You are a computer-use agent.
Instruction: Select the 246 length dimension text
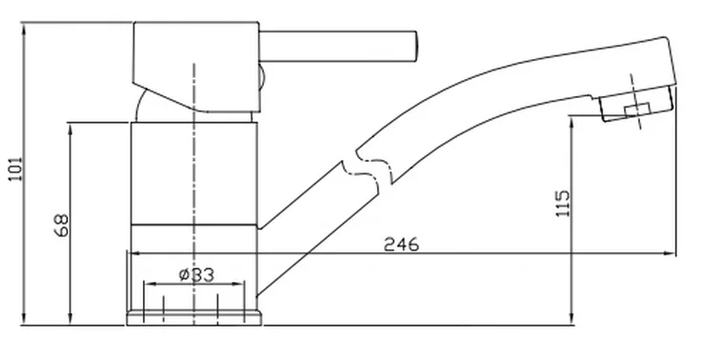point(401,243)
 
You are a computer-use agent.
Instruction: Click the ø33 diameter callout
point(195,274)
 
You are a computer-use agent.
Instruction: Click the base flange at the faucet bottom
point(193,313)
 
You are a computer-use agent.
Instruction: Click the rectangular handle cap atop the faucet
point(195,57)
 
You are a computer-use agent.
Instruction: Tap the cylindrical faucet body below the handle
point(193,176)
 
